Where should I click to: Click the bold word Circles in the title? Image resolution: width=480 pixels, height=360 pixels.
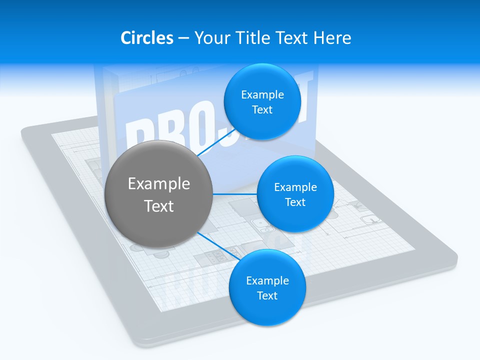tap(146, 37)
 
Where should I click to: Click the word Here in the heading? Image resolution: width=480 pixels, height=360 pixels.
tap(332, 37)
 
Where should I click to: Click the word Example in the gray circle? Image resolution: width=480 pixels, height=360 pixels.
tap(159, 184)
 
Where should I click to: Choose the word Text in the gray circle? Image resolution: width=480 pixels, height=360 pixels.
tap(159, 206)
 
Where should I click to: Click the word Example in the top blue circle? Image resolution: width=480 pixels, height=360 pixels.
tap(262, 95)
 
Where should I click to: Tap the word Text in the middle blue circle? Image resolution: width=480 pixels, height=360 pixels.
tap(295, 202)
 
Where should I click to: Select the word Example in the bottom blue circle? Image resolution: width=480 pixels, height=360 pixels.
tap(267, 281)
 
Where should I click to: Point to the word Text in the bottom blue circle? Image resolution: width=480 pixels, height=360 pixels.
tap(267, 296)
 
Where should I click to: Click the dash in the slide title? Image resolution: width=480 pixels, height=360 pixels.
tap(183, 38)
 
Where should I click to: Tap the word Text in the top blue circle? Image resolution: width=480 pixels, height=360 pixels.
tap(262, 110)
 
